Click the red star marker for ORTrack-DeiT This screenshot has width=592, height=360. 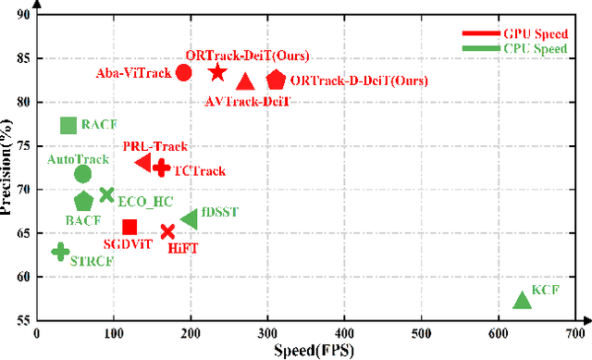pyautogui.click(x=217, y=72)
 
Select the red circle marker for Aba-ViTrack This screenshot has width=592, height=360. pyautogui.click(x=183, y=73)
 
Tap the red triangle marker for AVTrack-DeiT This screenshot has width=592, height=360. pyautogui.click(x=245, y=82)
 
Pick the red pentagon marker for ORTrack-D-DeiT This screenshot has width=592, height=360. pyautogui.click(x=276, y=81)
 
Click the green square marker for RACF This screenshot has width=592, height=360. pyautogui.click(x=68, y=125)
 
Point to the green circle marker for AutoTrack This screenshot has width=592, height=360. pyautogui.click(x=82, y=173)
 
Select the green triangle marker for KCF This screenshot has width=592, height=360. pyautogui.click(x=522, y=300)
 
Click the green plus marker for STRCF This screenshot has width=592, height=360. pyautogui.click(x=60, y=252)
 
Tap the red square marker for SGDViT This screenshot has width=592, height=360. pyautogui.click(x=129, y=227)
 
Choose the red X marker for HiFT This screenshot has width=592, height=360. pyautogui.click(x=167, y=231)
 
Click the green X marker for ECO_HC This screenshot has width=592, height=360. pyautogui.click(x=106, y=194)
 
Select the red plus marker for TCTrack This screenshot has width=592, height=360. pyautogui.click(x=161, y=168)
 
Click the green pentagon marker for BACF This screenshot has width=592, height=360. pyautogui.click(x=83, y=201)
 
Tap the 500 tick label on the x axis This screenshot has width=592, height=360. pyautogui.click(x=422, y=333)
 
